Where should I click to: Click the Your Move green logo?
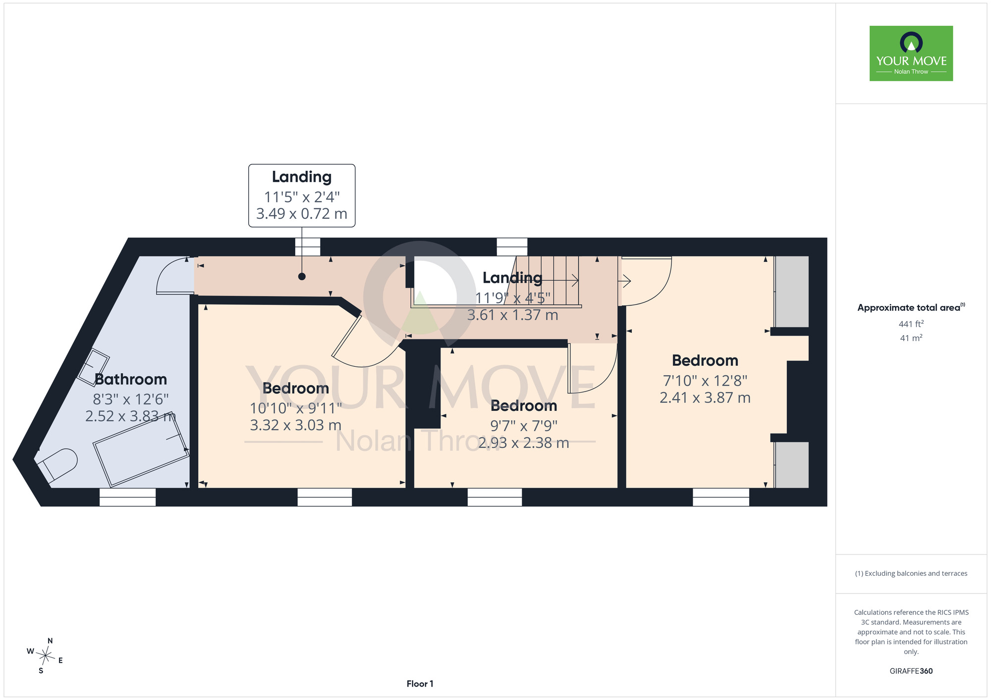click(x=911, y=53)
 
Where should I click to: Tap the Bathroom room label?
click(x=131, y=379)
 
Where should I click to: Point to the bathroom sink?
click(x=93, y=365)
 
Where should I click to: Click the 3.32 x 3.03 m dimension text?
click(x=295, y=425)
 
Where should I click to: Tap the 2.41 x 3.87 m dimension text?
click(x=705, y=398)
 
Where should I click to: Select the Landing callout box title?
click(x=302, y=177)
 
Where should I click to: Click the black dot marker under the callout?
click(x=302, y=276)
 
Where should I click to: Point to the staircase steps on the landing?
click(x=548, y=281)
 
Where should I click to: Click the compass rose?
click(x=45, y=656)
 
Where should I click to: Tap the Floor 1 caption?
click(x=420, y=684)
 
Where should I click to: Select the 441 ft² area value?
click(x=911, y=324)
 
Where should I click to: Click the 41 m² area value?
click(x=911, y=338)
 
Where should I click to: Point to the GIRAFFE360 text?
click(x=911, y=671)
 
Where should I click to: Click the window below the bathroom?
click(x=127, y=497)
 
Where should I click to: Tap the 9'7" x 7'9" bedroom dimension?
click(x=524, y=425)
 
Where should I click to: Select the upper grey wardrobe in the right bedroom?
click(x=792, y=292)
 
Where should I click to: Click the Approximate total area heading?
click(x=911, y=307)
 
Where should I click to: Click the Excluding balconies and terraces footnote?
click(x=911, y=573)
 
